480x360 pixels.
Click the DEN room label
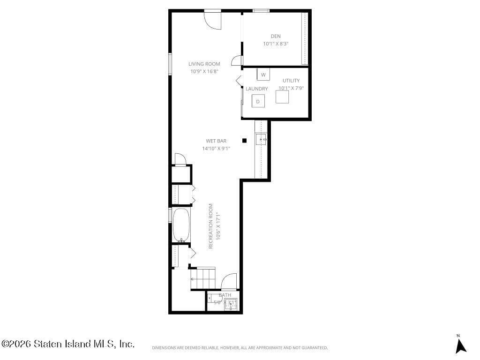click(x=275, y=36)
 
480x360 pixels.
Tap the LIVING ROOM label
click(x=204, y=64)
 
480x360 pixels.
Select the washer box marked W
click(x=263, y=75)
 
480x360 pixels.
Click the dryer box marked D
click(x=258, y=101)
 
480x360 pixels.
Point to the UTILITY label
click(x=291, y=81)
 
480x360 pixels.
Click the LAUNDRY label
click(x=256, y=89)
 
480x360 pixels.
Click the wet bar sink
click(x=261, y=139)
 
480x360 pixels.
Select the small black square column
click(x=244, y=140)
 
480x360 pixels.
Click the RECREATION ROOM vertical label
click(x=211, y=226)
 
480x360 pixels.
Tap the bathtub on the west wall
click(x=181, y=225)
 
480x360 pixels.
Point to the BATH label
click(x=225, y=295)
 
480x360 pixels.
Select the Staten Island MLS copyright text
click(x=68, y=344)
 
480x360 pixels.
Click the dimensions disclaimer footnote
click(x=240, y=348)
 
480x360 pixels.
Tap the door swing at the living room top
click(x=212, y=20)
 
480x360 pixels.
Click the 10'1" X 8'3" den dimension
click(x=275, y=44)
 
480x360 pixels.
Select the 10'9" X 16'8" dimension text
click(x=204, y=72)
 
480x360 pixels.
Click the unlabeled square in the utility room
click(x=283, y=97)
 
